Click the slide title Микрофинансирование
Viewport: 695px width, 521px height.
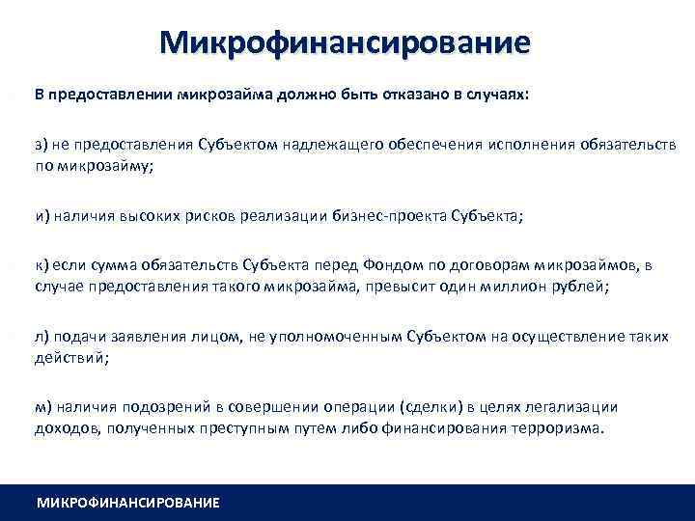tap(346, 43)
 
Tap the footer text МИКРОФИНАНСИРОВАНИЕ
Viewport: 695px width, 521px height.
tap(127, 503)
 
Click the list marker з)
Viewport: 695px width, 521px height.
tap(43, 145)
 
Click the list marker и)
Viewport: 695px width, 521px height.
tap(43, 216)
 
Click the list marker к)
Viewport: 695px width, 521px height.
tap(43, 265)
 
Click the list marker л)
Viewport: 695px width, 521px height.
tap(43, 337)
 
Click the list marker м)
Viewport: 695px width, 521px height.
tap(43, 407)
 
